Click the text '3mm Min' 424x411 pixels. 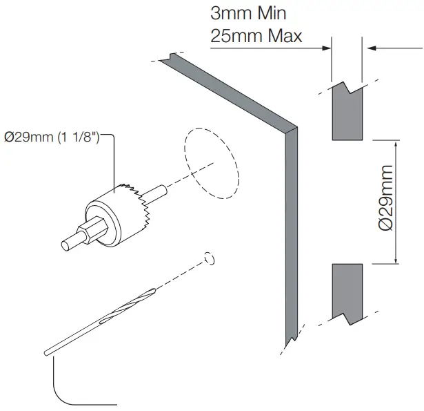[x=248, y=13]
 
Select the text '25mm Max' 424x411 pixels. [x=256, y=35]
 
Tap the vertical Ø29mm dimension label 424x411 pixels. [x=386, y=201]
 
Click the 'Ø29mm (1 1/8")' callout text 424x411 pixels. [x=52, y=138]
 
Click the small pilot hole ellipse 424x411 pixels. [x=211, y=259]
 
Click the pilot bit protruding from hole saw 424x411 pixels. [x=159, y=191]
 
